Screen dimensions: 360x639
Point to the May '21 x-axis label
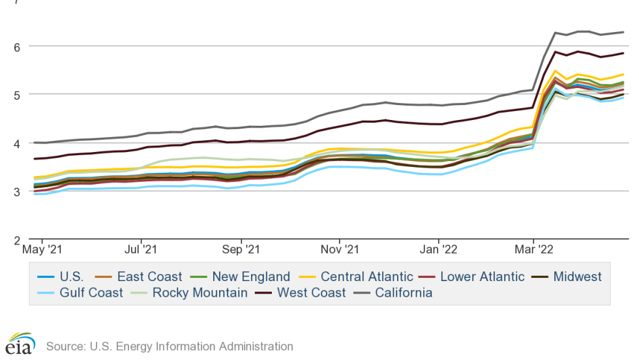tap(42, 250)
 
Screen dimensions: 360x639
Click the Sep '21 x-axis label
tap(241, 250)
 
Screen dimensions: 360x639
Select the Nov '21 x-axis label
tap(340, 250)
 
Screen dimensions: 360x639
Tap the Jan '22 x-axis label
tap(439, 250)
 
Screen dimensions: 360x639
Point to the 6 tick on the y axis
tap(16, 46)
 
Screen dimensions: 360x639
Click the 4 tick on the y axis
tap(16, 143)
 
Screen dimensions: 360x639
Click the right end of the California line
tap(623, 32)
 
